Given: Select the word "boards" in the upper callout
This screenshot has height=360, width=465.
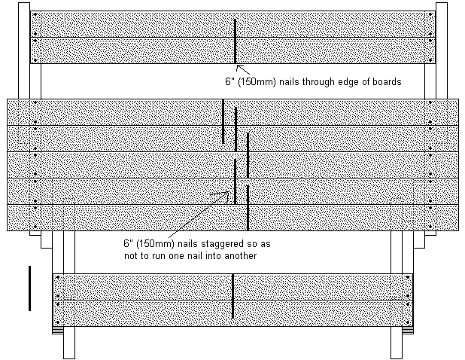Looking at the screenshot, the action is coord(387,81).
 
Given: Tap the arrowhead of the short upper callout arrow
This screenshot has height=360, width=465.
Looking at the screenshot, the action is coord(238,66).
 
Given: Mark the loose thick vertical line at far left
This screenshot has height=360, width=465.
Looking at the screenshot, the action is coord(29,288).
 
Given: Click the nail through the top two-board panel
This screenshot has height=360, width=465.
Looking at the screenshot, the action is coord(236,41).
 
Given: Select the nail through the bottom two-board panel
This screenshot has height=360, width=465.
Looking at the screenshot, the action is coord(232,296).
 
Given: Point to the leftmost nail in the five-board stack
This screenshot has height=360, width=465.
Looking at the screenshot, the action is coord(223,121).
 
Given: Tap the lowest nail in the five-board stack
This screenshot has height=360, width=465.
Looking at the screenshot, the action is coord(248,208).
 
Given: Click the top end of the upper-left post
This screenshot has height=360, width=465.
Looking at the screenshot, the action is coord(24,3).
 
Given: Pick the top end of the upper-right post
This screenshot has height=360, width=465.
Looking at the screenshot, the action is coord(441,3).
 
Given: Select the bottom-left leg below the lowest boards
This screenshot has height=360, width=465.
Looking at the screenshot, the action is coord(69,343).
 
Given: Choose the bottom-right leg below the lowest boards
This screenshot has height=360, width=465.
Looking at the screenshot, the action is coord(397,343).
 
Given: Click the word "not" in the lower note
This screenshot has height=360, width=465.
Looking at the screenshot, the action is coord(130,256).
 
